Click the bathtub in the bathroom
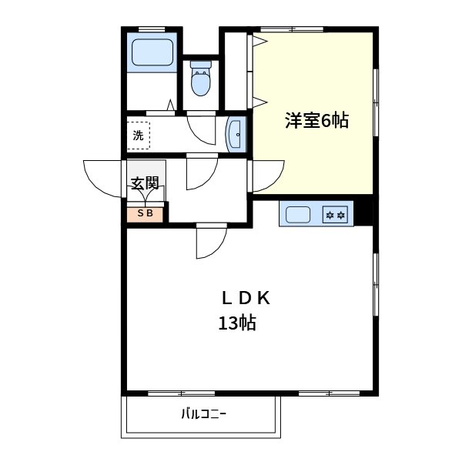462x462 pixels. tap(152, 53)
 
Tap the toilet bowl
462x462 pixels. tap(200, 81)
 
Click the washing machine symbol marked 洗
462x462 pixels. tap(139, 136)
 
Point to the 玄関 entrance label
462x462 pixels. tap(144, 184)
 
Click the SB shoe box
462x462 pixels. tap(145, 213)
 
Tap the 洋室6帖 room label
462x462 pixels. tap(317, 121)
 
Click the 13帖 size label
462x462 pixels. tap(236, 323)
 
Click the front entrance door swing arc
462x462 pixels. tap(100, 177)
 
